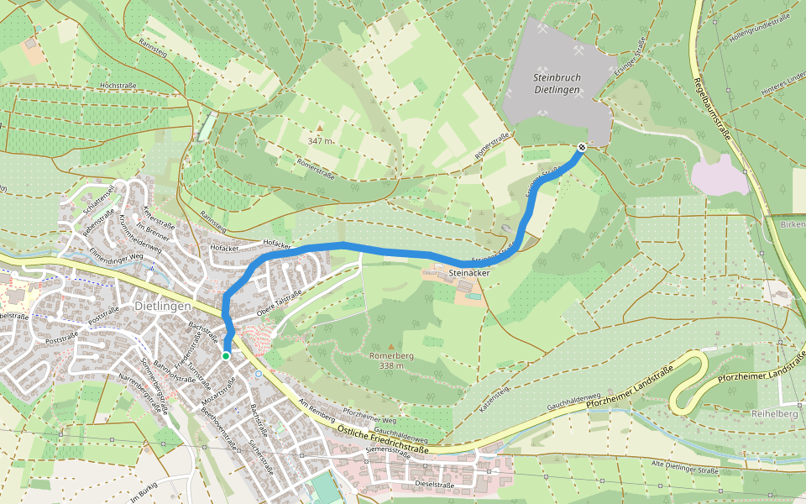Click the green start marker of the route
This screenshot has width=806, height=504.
click(226, 356)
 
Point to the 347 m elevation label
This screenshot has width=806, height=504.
click(320, 141)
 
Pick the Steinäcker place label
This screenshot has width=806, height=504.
click(468, 273)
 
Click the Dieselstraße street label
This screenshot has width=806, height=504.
click(434, 485)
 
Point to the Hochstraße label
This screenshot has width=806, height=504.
click(118, 86)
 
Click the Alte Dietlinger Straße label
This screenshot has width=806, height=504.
click(686, 465)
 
